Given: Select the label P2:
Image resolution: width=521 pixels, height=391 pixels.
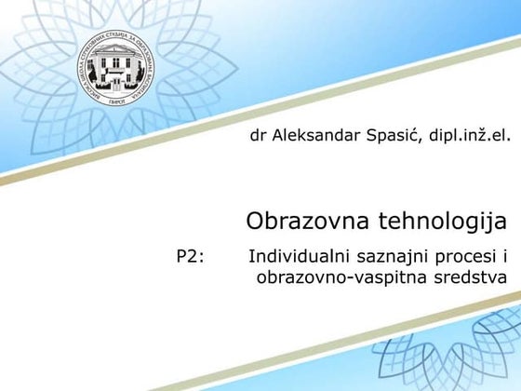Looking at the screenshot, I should [191, 255].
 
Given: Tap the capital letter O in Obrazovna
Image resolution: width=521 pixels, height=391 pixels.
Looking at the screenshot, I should [256, 222].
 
